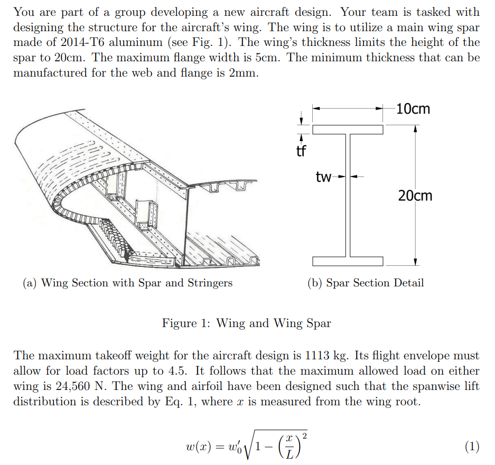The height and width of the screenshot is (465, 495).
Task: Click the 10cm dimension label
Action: [413, 109]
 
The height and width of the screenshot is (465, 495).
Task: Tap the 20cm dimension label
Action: [415, 196]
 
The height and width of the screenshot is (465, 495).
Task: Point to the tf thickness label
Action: [301, 152]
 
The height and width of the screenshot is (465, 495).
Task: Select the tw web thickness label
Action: [323, 176]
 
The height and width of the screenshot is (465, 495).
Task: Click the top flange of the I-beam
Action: [348, 129]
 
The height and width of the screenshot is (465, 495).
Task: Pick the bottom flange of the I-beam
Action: [348, 261]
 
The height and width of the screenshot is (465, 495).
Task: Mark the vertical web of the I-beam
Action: [348, 196]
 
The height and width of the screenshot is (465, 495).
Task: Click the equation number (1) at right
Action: [472, 447]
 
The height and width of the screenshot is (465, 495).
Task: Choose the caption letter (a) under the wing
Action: [30, 283]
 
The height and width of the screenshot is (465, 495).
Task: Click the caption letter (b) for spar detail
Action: [315, 283]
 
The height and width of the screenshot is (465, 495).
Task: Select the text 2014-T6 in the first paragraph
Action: [87, 43]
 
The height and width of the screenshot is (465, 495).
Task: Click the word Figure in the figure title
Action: [179, 323]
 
